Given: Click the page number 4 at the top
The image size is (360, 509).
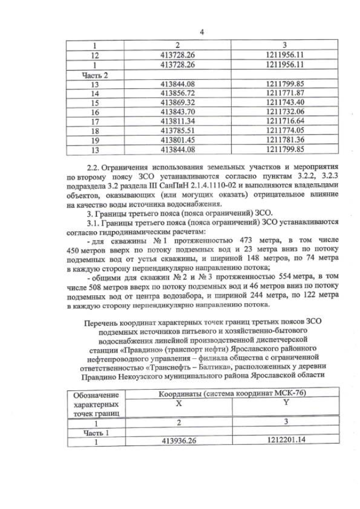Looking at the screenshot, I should pos(202,32).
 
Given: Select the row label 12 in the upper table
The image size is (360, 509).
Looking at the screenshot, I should pos(95,55).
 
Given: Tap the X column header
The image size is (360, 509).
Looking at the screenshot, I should pos(179,403).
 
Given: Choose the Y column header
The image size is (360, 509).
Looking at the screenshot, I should pos(286,403).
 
